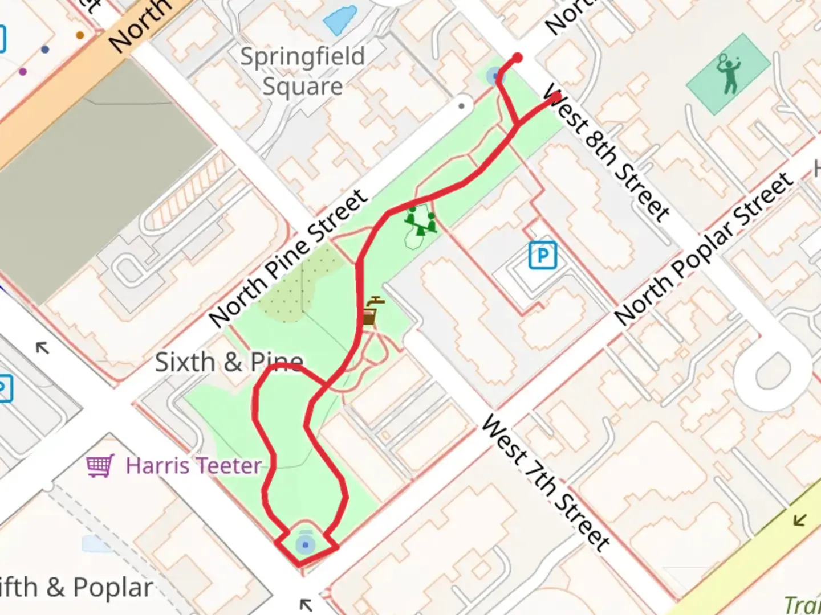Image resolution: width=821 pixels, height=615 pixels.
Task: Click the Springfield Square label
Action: coord(302,71)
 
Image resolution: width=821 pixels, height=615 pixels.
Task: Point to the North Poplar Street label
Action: coord(704,248)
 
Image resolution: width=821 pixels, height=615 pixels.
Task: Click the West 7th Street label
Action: coord(545,483)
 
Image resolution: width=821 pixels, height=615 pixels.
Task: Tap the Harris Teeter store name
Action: coord(194,466)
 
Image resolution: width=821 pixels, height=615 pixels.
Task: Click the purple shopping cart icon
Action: coord(100,466)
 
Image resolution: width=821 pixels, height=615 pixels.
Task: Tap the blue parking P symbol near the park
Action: coord(542,256)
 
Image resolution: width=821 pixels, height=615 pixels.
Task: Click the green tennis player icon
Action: coord(728,73)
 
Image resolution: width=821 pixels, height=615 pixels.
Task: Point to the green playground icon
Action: coord(421,222)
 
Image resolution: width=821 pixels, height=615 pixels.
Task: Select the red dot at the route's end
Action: coord(518,58)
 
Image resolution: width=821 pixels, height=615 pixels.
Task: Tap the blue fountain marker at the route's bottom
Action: coord(306,545)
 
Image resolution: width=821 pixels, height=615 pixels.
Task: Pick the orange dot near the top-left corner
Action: coord(80,35)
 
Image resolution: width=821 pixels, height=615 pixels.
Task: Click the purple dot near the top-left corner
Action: coord(23,72)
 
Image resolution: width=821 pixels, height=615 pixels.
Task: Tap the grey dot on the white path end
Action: coord(462,105)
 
